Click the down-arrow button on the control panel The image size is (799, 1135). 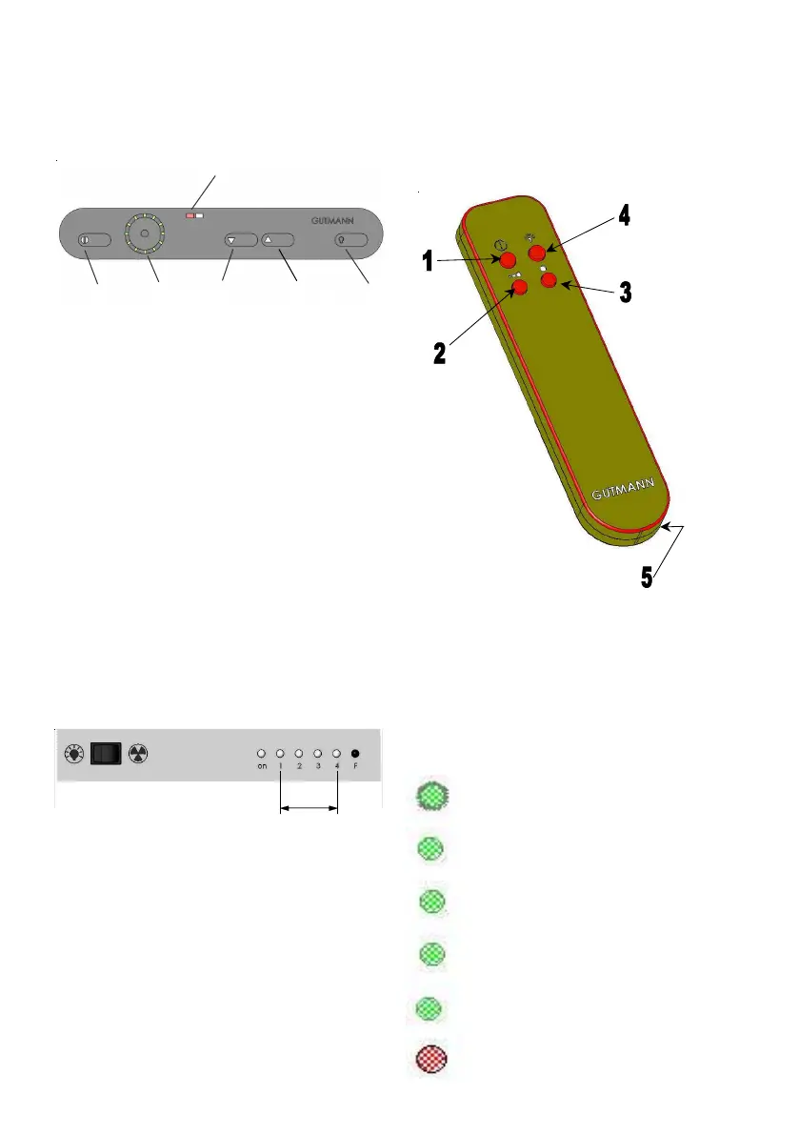242,241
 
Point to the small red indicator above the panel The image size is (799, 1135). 190,216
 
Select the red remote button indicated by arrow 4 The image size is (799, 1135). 538,252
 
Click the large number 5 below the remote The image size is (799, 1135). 647,578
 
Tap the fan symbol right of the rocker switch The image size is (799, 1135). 139,754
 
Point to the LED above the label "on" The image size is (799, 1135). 262,752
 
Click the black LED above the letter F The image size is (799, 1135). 355,752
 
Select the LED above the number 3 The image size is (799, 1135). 317,752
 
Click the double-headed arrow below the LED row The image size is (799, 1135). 309,810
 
